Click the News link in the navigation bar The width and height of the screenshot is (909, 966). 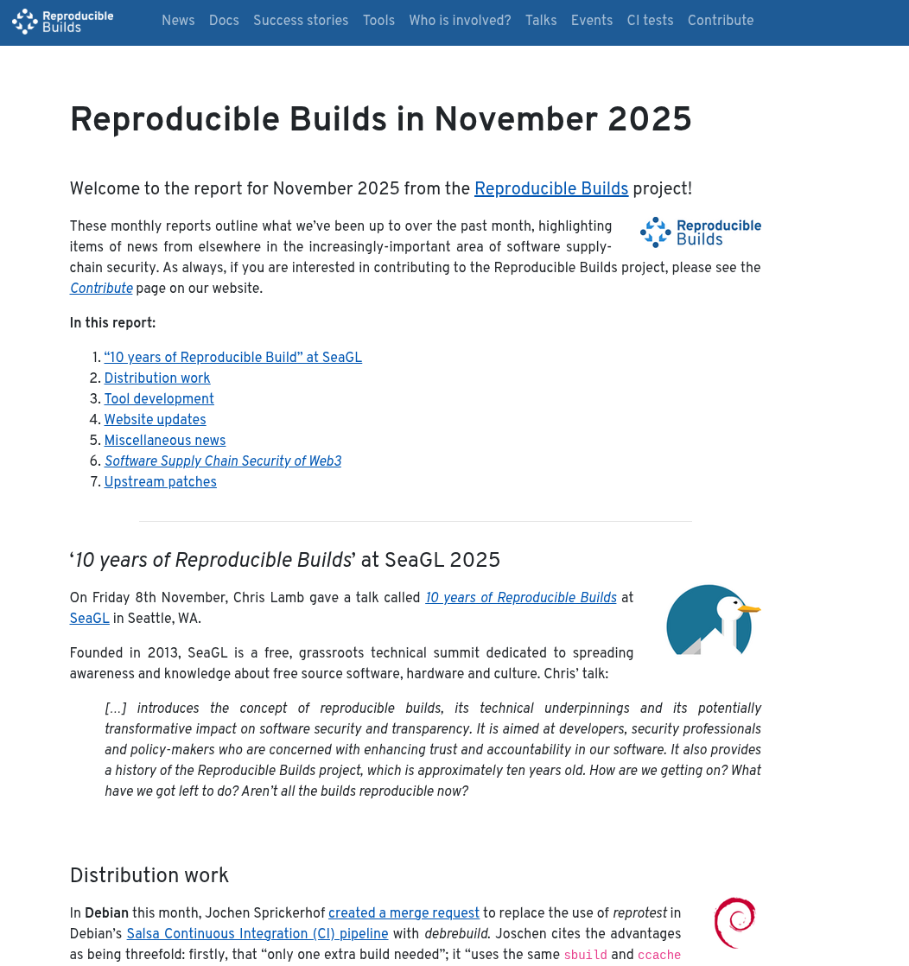click(x=178, y=21)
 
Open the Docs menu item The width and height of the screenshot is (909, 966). click(x=224, y=21)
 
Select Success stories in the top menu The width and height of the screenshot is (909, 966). click(x=301, y=21)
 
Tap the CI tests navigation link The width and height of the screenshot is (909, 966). click(x=650, y=21)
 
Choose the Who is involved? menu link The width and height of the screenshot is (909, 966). click(x=460, y=21)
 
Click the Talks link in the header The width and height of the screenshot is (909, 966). click(x=541, y=21)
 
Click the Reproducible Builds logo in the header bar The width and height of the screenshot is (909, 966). click(x=63, y=22)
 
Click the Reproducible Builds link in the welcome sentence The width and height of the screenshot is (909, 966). click(x=551, y=189)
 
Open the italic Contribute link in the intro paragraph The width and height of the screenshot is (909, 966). click(x=101, y=289)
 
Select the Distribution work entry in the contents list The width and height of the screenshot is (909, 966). click(x=157, y=378)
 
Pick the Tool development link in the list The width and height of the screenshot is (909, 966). click(x=159, y=399)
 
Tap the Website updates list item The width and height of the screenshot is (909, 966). click(x=156, y=420)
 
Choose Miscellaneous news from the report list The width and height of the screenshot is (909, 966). click(x=165, y=441)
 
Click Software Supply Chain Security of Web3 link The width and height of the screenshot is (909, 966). click(x=223, y=461)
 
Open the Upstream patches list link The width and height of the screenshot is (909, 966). click(x=161, y=482)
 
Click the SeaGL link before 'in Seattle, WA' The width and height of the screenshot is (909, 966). click(x=90, y=619)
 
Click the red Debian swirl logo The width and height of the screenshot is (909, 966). click(x=735, y=922)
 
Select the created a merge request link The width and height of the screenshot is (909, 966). click(x=404, y=913)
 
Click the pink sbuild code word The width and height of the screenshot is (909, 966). click(x=585, y=955)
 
